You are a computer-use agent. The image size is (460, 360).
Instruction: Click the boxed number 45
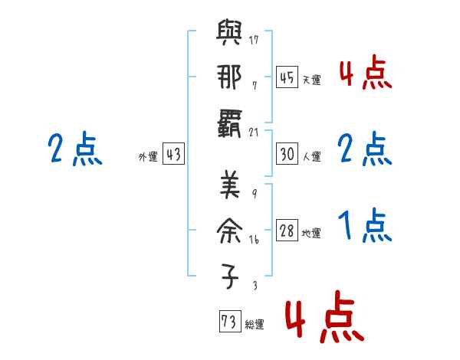click(x=287, y=77)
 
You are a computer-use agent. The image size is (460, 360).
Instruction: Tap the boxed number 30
click(x=287, y=154)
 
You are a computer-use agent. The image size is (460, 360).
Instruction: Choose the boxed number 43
click(x=173, y=154)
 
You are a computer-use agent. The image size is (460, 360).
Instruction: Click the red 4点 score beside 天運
click(x=366, y=74)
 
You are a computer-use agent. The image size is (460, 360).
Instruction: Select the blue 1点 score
click(x=366, y=227)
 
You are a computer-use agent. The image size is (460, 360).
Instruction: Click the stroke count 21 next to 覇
click(x=254, y=131)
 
